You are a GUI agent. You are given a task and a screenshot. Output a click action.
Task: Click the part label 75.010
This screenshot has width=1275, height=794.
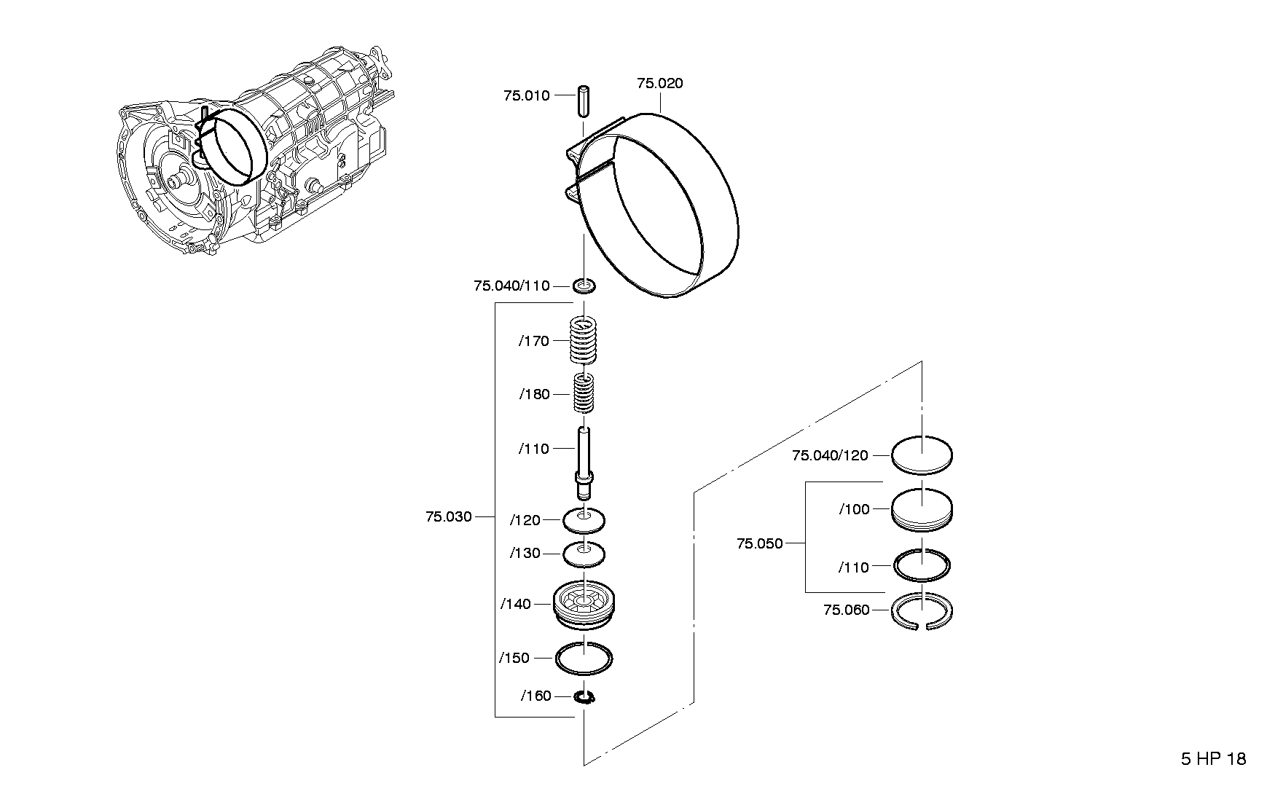526,95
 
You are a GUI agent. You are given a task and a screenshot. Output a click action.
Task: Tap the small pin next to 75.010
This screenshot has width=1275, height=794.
584,101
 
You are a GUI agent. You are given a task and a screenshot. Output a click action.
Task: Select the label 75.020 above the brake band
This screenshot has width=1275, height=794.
660,84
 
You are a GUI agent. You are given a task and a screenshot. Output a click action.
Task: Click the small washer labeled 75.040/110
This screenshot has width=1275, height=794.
584,286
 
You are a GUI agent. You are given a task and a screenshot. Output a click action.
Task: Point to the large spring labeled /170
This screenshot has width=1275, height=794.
584,340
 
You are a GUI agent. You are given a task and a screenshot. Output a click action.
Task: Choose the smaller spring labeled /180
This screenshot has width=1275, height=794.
583,394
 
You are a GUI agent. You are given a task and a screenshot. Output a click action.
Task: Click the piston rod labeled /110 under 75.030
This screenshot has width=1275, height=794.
584,463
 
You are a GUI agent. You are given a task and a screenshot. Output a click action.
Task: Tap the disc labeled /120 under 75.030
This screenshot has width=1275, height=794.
584,519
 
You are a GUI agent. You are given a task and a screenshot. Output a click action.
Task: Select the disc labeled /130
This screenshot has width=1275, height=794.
584,554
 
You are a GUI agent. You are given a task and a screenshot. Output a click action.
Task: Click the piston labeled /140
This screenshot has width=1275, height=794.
584,603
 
